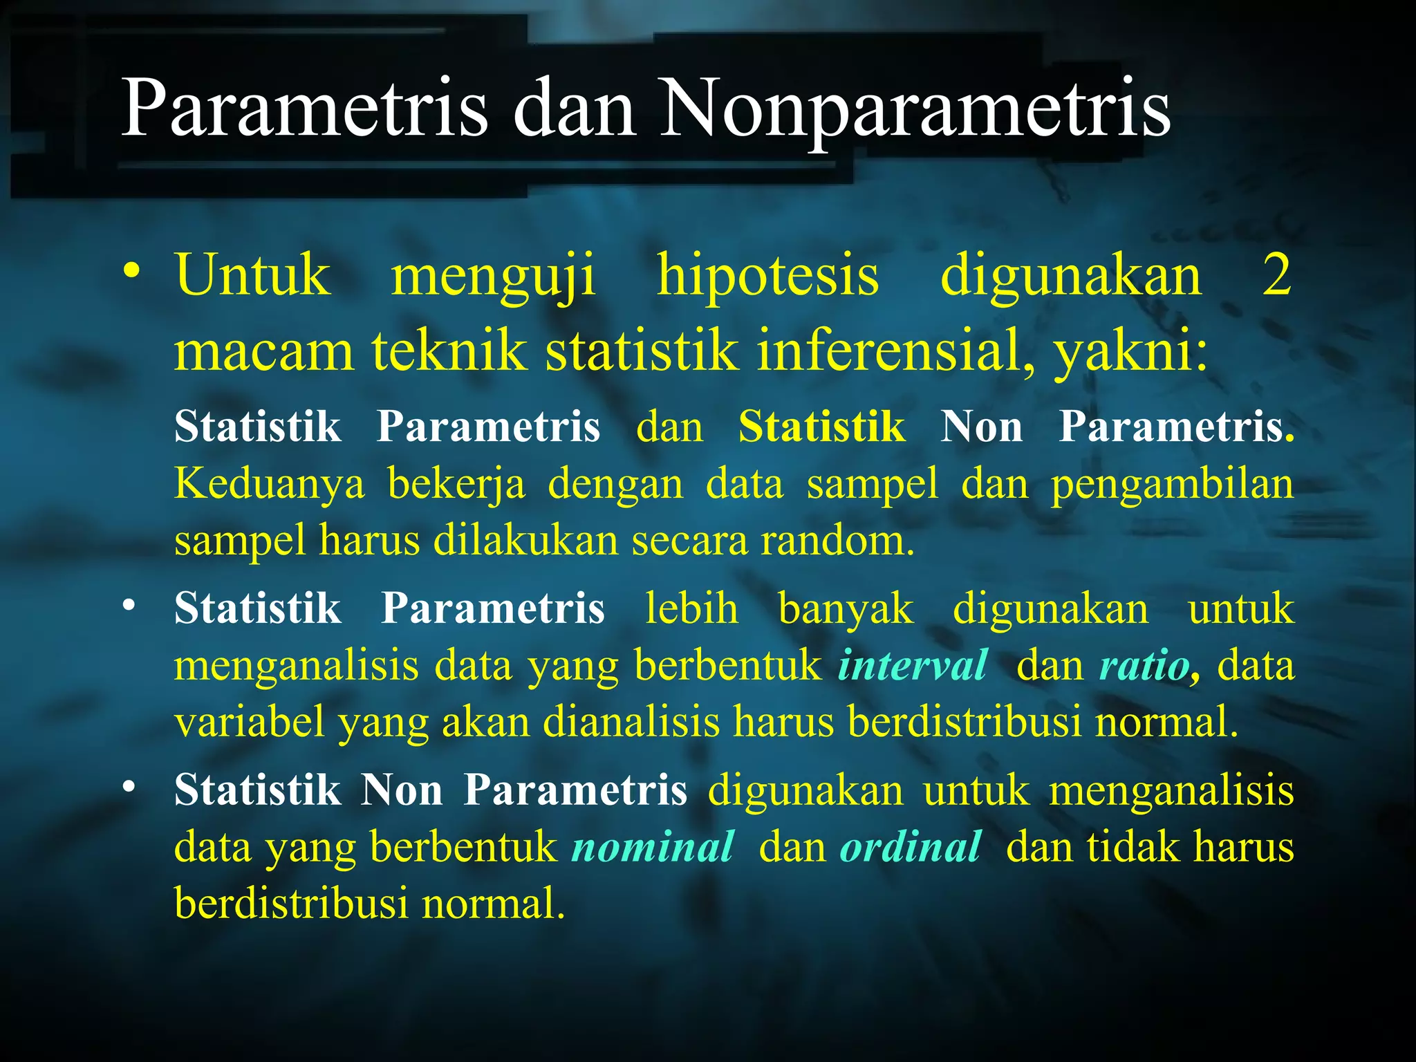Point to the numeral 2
[1276, 275]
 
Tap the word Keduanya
[270, 484]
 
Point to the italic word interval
[913, 666]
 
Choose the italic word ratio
[1148, 666]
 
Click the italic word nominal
[653, 847]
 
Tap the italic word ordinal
[910, 847]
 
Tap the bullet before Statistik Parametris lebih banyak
[129, 606]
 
